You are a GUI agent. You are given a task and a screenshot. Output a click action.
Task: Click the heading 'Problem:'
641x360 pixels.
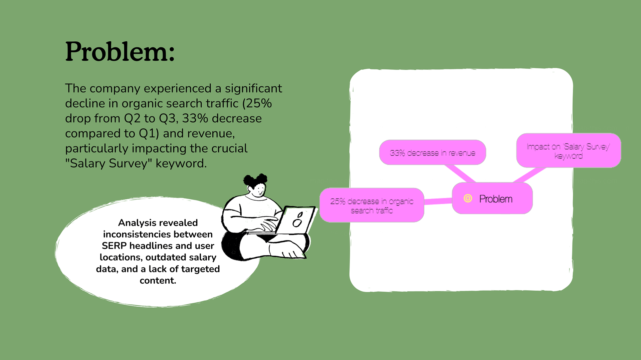click(120, 52)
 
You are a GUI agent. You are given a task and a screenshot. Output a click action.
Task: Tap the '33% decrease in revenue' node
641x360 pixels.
click(432, 152)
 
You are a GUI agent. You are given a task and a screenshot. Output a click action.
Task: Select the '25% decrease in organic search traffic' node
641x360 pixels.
click(372, 206)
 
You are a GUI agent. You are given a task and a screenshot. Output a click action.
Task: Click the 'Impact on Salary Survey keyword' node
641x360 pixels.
click(568, 151)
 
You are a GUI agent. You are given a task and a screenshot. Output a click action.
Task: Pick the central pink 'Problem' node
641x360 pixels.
click(492, 199)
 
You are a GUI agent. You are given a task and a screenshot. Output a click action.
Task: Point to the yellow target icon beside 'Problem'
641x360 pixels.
click(468, 199)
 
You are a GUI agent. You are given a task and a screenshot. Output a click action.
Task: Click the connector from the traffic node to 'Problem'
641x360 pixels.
click(438, 201)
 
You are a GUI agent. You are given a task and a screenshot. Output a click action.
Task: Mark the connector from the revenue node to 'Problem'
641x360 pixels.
click(460, 173)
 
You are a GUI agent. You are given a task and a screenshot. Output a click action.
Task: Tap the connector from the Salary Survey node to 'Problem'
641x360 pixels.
click(529, 175)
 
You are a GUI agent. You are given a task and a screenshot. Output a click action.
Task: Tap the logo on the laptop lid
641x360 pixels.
click(298, 220)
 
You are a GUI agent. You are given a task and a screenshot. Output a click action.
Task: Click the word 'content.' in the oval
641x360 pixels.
click(158, 281)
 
